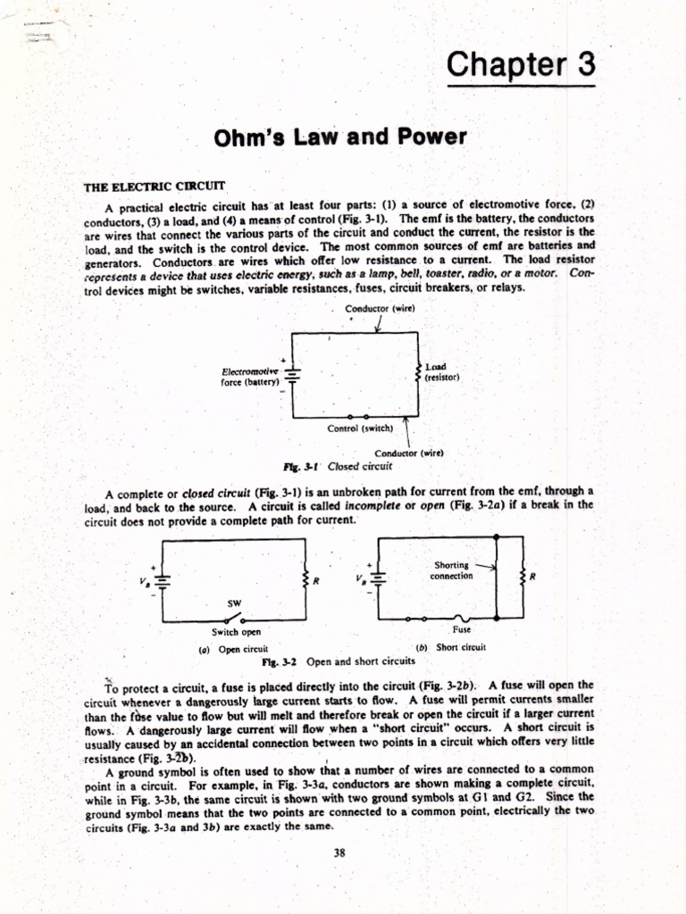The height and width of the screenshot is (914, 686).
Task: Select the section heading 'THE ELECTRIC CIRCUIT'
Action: tap(155, 187)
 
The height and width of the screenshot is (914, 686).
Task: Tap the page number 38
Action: tap(339, 852)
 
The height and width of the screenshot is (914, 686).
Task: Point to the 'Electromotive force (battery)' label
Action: tap(250, 376)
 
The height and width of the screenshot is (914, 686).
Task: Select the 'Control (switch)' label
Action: tap(354, 428)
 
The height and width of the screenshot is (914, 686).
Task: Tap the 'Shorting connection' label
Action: tap(452, 570)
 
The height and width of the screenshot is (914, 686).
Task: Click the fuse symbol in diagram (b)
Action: tap(461, 616)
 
